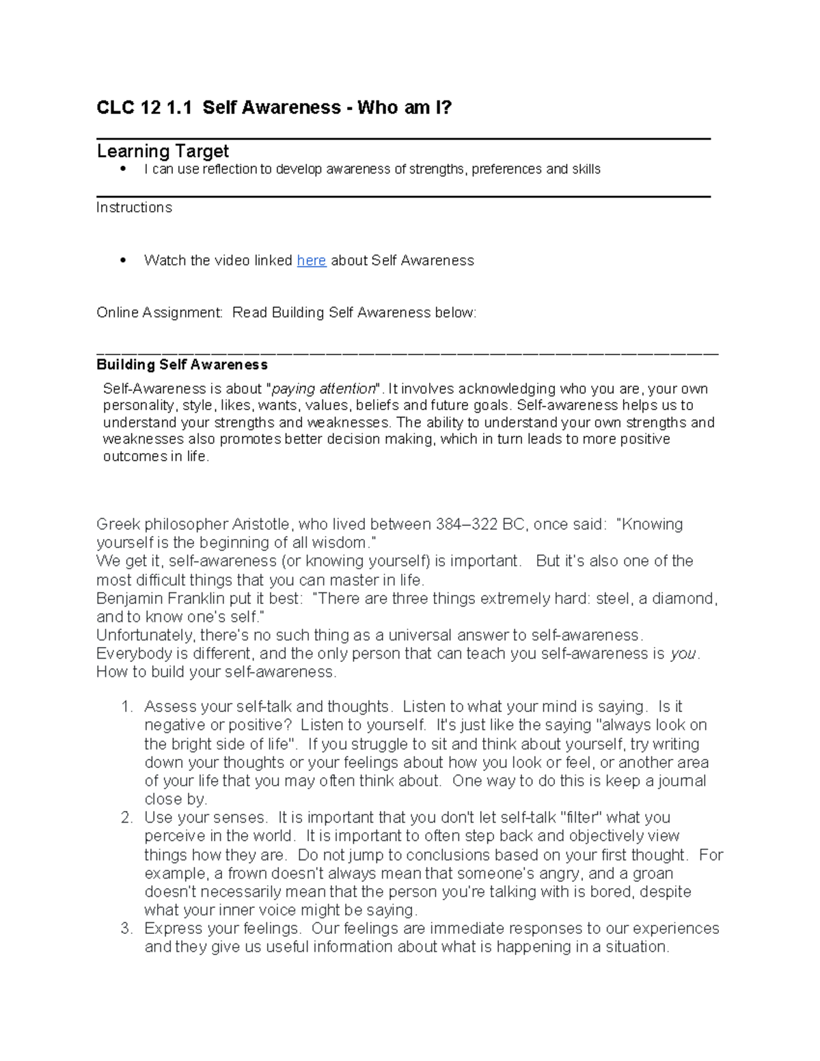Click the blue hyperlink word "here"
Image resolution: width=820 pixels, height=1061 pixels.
pyautogui.click(x=311, y=260)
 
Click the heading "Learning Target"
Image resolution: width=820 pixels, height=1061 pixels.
pyautogui.click(x=163, y=151)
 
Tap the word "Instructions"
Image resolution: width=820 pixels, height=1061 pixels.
pyautogui.click(x=134, y=208)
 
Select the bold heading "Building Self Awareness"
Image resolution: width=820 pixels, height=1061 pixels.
pyautogui.click(x=182, y=365)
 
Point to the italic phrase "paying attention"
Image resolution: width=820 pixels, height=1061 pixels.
pyautogui.click(x=324, y=389)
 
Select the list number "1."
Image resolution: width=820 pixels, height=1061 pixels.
pyautogui.click(x=126, y=706)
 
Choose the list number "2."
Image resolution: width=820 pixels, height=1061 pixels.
pyautogui.click(x=126, y=818)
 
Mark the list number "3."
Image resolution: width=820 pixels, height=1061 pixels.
pyautogui.click(x=126, y=928)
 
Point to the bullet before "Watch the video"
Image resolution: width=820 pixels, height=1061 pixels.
pyautogui.click(x=123, y=260)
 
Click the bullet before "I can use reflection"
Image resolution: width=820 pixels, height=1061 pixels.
pyautogui.click(x=123, y=168)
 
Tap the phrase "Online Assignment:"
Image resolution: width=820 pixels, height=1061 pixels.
pyautogui.click(x=159, y=313)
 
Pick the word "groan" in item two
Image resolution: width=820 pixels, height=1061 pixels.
pyautogui.click(x=653, y=873)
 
